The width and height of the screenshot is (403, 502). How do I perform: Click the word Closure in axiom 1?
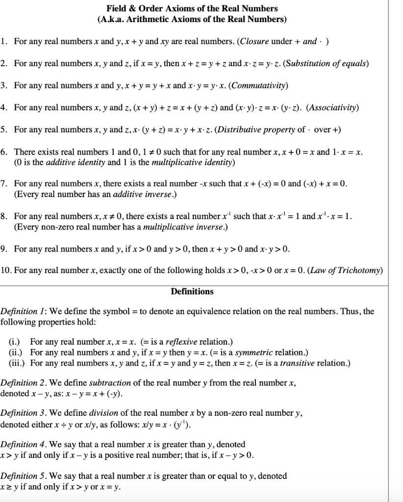tap(254, 42)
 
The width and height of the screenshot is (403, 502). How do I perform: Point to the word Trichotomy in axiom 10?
tap(362, 270)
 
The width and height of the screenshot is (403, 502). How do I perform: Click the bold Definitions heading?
tap(192, 292)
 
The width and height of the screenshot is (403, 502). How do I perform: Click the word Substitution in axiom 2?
tap(287, 64)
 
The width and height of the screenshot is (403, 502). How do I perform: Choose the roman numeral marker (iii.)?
tap(17, 363)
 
